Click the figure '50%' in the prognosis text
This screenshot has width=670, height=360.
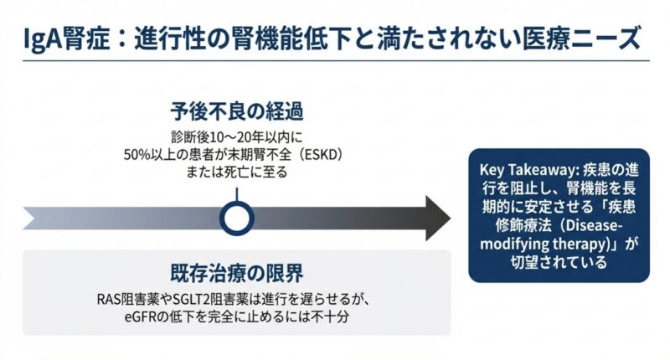[139, 157]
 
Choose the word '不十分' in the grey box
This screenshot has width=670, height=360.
[330, 318]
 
